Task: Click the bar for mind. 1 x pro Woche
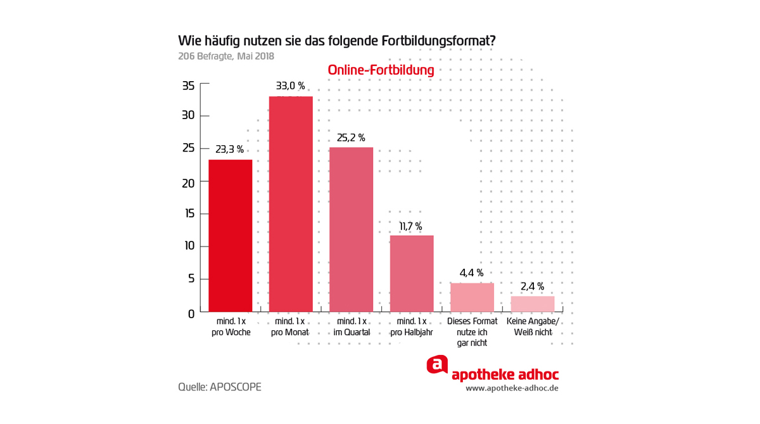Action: point(231,235)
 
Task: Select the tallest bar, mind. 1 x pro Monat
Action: point(291,203)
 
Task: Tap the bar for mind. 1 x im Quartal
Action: point(351,229)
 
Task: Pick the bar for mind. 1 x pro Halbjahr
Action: point(411,273)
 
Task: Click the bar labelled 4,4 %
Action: point(472,297)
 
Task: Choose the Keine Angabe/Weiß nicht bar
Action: point(532,304)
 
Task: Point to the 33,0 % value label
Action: point(291,86)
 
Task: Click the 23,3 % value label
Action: point(231,150)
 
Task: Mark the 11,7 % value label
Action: point(411,226)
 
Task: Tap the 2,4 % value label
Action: point(532,286)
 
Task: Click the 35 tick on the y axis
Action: point(188,86)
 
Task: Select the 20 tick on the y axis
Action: point(188,182)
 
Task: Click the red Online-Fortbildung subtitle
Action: point(381,70)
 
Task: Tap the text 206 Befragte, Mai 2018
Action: point(226,56)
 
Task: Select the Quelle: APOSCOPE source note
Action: point(219,387)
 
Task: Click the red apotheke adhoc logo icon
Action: point(437,364)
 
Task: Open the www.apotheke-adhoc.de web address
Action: point(512,388)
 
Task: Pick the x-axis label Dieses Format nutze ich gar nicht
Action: point(472,332)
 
